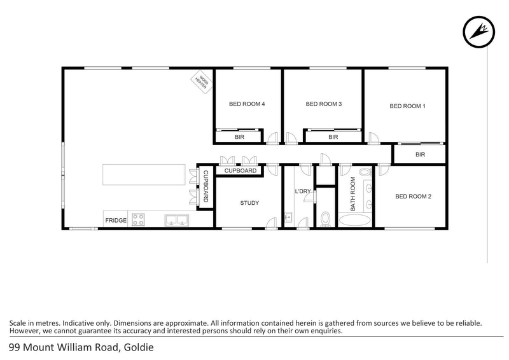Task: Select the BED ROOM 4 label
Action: [247, 104]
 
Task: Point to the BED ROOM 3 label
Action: [324, 104]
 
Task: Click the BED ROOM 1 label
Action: [407, 106]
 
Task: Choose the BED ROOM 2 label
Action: [413, 197]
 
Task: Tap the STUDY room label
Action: [249, 203]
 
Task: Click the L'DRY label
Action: [302, 191]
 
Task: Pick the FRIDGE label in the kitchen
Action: [116, 221]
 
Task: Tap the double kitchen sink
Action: [175, 220]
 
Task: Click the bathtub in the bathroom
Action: [356, 220]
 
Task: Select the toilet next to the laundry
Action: [325, 219]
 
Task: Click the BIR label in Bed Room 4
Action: [239, 137]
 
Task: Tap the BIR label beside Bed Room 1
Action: [420, 155]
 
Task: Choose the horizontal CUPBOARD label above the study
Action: [241, 170]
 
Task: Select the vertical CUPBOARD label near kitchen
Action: [206, 186]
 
